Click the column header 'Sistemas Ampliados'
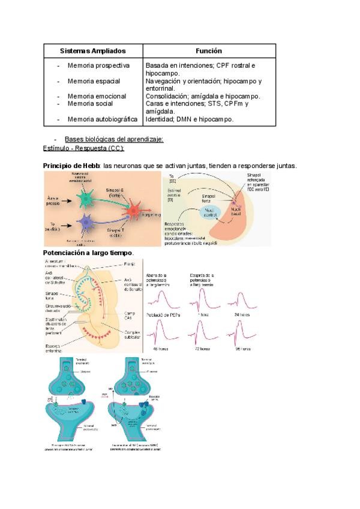92,52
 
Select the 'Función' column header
209,52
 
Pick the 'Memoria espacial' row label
94,80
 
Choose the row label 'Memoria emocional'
97,96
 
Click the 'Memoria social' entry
90,104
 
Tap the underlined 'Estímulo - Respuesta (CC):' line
83,148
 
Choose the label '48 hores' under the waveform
158,348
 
